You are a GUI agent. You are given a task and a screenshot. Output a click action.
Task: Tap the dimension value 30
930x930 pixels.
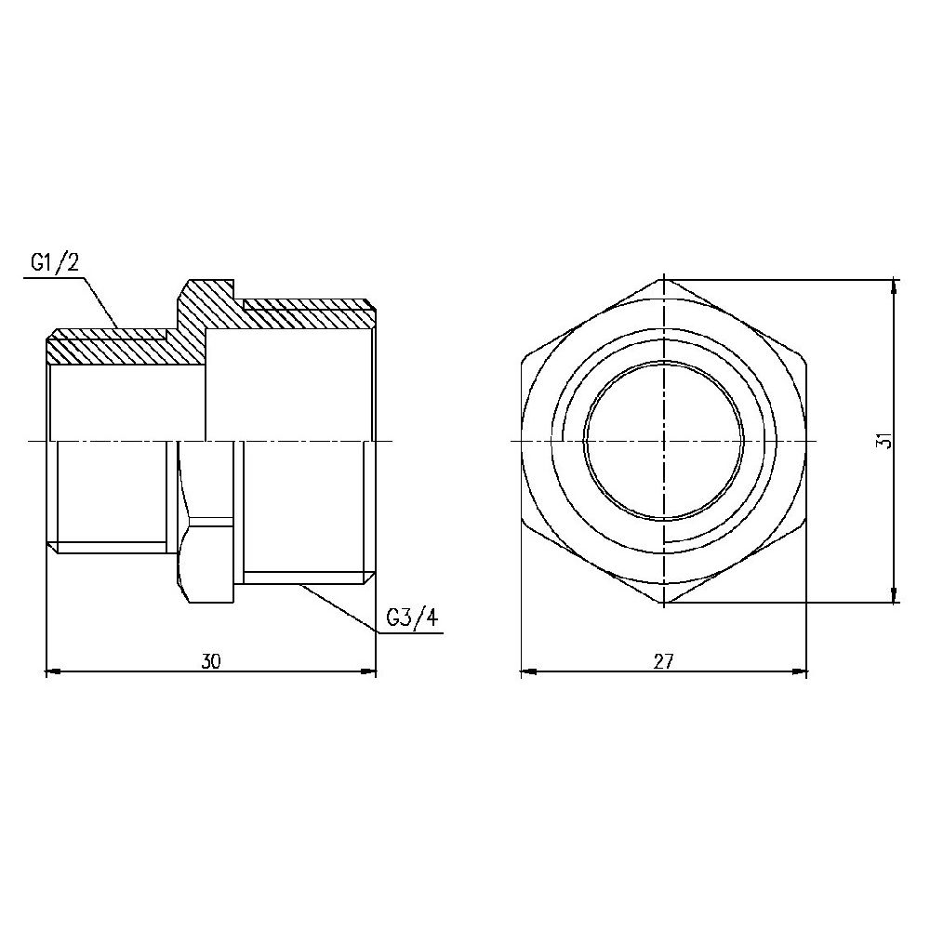pyautogui.click(x=211, y=661)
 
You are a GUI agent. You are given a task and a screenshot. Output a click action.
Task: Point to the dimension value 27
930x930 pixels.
pyautogui.click(x=662, y=661)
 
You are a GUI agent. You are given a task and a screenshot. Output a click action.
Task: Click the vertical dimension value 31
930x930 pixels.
pyautogui.click(x=884, y=441)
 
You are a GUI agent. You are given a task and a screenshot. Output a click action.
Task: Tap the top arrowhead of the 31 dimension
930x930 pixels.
pyautogui.click(x=894, y=286)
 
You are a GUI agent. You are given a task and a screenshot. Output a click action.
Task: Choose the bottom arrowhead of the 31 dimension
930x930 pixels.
pyautogui.click(x=894, y=596)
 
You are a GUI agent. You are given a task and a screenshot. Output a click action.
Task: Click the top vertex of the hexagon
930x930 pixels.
pyautogui.click(x=663, y=277)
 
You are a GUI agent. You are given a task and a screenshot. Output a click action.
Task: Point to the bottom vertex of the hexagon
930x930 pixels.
pyautogui.click(x=663, y=604)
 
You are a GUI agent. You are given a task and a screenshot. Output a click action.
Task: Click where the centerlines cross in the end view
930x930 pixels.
pyautogui.click(x=663, y=441)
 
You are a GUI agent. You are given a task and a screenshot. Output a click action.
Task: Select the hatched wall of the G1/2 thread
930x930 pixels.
pyautogui.click(x=107, y=350)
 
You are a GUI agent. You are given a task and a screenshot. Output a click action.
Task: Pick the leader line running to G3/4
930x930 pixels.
pyautogui.click(x=339, y=609)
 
